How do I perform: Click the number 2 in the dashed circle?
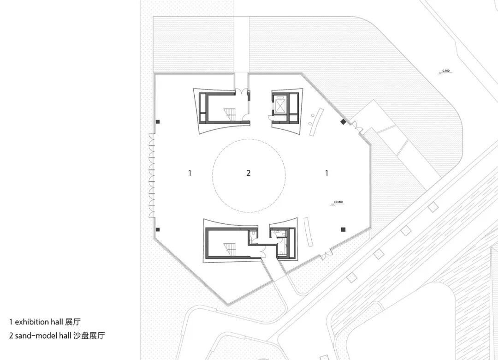pos(249,173)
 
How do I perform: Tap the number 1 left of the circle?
pos(190,173)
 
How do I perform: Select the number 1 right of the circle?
pos(326,173)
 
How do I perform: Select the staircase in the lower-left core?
pos(230,249)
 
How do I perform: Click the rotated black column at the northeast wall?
pos(343,121)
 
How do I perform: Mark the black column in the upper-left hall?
pos(158,121)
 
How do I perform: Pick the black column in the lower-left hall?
pos(158,229)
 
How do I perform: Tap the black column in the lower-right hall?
pos(343,229)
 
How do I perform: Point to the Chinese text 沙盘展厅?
pos(89,336)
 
